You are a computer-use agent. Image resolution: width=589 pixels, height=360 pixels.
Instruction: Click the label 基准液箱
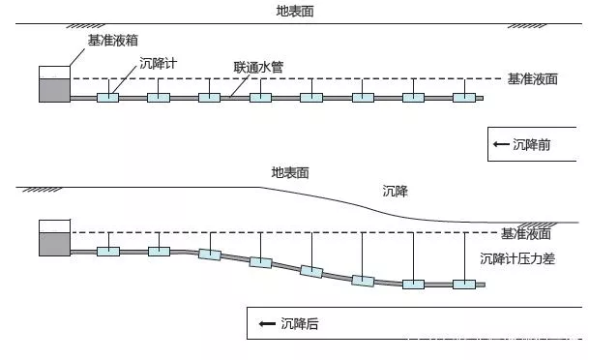(113, 41)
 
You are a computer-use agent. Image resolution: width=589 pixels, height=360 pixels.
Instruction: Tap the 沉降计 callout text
(159, 63)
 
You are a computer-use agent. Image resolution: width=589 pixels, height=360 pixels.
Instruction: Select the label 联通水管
(258, 68)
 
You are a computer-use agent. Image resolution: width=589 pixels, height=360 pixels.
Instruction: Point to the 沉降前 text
(532, 144)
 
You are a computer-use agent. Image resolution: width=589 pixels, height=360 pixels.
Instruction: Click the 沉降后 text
(300, 323)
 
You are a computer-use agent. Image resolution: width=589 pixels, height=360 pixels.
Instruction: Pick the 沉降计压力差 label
(517, 259)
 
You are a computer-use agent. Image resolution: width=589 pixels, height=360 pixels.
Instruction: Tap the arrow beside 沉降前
(501, 144)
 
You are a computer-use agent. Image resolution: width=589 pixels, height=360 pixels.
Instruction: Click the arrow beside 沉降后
(267, 323)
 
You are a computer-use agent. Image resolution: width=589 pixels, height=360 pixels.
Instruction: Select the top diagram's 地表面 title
(295, 12)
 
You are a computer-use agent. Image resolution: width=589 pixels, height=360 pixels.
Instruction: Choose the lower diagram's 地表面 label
(290, 173)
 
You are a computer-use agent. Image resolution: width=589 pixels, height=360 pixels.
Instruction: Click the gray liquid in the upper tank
(54, 90)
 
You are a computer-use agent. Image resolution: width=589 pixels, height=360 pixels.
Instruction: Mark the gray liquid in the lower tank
(54, 244)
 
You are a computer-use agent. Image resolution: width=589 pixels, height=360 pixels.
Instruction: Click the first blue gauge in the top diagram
(107, 98)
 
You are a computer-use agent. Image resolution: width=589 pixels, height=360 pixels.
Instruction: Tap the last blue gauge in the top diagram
(464, 98)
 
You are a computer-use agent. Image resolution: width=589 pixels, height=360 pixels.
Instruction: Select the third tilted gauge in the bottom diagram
(311, 271)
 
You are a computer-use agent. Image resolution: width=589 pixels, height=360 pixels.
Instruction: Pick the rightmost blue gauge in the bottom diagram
(464, 285)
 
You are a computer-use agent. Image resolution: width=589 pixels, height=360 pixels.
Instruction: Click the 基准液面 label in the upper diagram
(533, 79)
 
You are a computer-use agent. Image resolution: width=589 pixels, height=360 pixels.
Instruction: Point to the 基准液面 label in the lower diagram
(526, 234)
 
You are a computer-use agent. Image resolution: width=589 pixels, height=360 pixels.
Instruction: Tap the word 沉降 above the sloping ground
(396, 192)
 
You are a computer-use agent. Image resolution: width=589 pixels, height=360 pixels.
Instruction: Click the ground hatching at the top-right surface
(527, 26)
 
